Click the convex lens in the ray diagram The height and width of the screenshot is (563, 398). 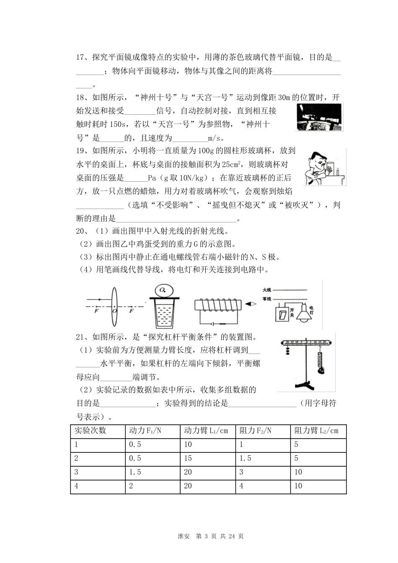[114, 306]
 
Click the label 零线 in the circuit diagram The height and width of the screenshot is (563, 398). [267, 299]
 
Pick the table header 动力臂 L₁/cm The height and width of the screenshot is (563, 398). [206, 431]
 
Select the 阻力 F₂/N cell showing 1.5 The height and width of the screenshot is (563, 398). [246, 458]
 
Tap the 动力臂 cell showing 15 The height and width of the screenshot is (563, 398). [188, 458]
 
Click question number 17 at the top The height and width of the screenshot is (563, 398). [80, 58]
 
